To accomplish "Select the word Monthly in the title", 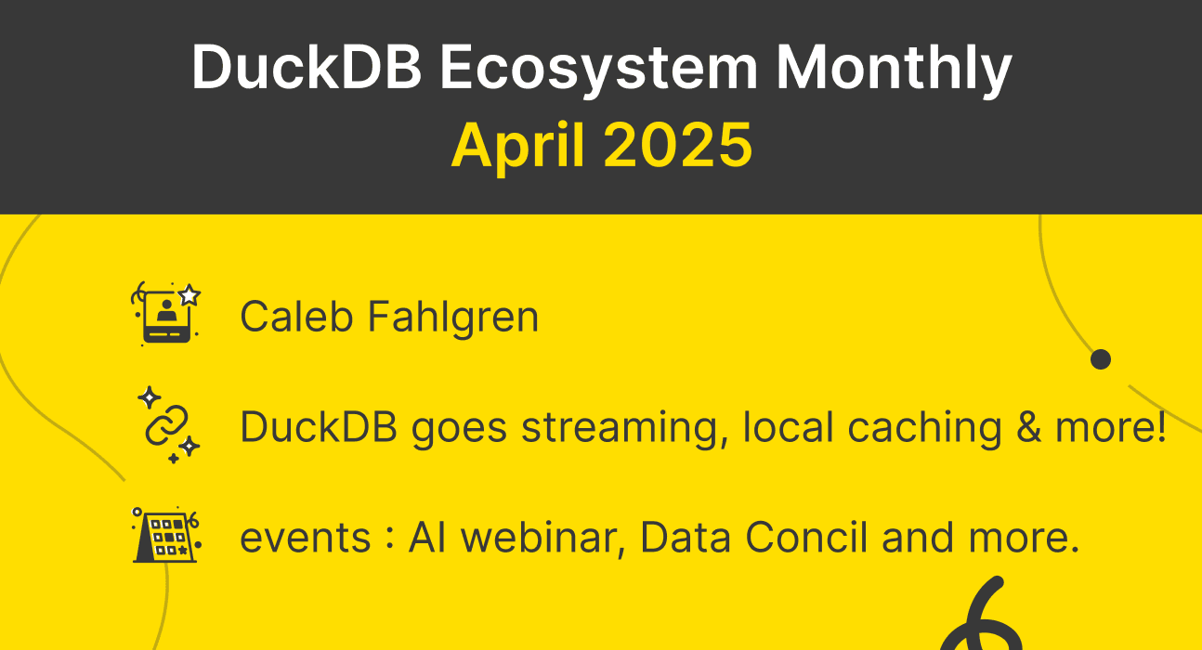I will (x=894, y=67).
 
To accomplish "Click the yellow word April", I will (x=517, y=144).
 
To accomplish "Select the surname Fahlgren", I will (x=452, y=317).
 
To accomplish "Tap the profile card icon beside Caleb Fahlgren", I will (x=167, y=314).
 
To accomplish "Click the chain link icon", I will (x=167, y=425).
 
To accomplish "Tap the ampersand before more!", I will (x=1032, y=427).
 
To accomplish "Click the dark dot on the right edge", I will (x=1101, y=358).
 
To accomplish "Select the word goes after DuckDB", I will (x=460, y=427).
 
